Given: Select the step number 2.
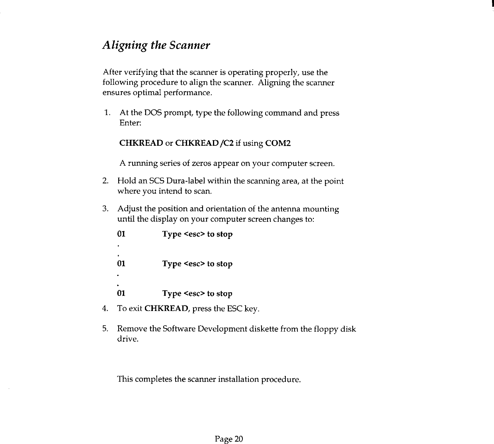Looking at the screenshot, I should coord(105,181).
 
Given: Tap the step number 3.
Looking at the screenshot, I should coord(105,209).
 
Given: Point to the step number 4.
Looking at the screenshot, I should coord(105,309).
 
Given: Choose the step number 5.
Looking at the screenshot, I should coord(105,329).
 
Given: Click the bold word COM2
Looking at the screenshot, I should coord(278,143).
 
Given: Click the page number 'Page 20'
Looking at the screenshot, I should coord(228,439).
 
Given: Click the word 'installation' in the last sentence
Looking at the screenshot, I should coord(239,379).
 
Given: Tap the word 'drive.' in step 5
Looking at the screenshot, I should coord(128,339).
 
